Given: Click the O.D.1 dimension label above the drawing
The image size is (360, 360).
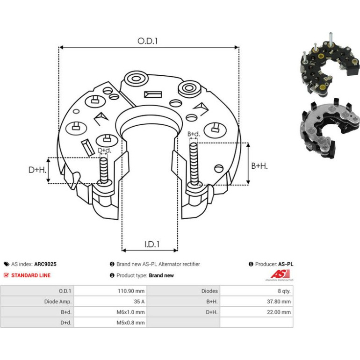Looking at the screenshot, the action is [147, 41].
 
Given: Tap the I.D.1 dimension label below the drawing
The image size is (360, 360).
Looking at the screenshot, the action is [152, 244].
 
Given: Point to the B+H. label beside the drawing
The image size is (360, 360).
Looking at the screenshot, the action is [259, 166].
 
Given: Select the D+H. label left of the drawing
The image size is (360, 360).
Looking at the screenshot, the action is [37, 170].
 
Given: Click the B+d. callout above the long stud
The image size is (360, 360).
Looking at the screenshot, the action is [194, 134].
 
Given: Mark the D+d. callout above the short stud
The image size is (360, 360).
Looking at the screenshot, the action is [104, 151].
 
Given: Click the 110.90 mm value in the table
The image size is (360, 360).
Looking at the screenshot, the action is [131, 291].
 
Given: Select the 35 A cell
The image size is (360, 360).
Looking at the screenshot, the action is [139, 302].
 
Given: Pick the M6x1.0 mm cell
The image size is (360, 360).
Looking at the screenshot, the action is [130, 312].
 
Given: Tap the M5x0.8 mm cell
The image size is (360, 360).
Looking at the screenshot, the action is [130, 323].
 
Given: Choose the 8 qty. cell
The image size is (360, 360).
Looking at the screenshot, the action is [284, 291].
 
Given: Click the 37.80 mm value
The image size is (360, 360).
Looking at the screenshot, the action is [279, 302].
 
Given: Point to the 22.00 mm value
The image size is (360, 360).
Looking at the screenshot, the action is [279, 312].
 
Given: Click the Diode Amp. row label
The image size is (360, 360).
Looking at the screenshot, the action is [58, 302].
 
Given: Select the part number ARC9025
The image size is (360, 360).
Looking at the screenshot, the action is [45, 264].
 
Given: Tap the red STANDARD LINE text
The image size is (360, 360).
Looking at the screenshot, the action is [31, 275].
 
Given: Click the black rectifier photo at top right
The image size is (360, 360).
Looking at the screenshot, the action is [330, 65].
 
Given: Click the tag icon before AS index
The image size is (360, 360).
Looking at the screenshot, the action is [7, 264].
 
